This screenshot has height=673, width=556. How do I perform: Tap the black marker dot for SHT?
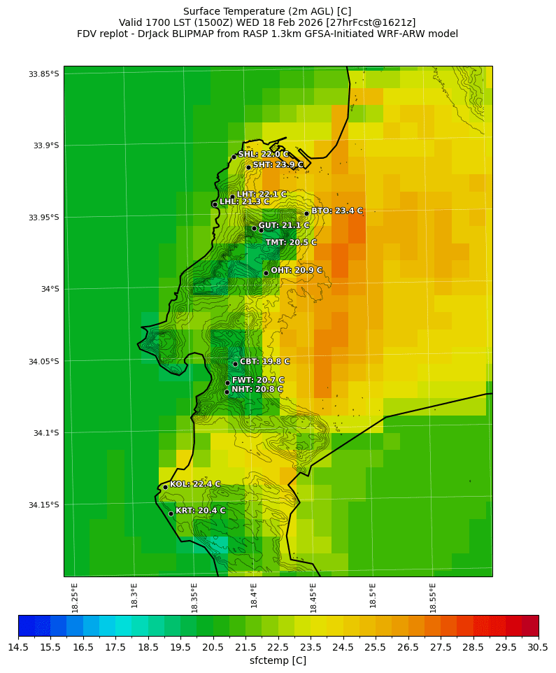(x=248, y=167)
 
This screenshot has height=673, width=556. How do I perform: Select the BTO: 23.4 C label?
(x=337, y=211)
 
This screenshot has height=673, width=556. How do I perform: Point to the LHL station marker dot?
(x=215, y=204)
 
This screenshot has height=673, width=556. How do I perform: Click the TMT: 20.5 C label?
(x=291, y=242)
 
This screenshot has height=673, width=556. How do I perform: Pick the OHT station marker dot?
(x=266, y=273)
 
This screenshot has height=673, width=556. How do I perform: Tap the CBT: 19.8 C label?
(x=264, y=362)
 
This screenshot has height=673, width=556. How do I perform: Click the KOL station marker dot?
(x=165, y=487)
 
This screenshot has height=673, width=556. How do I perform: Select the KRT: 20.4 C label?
(x=200, y=511)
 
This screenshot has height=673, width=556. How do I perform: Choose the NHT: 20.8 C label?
(x=257, y=389)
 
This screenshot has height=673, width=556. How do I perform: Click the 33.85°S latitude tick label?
(x=43, y=73)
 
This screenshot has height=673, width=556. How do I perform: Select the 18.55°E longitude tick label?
(x=433, y=596)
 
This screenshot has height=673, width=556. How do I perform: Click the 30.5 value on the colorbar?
(x=538, y=648)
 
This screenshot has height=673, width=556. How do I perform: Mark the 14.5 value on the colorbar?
(x=18, y=648)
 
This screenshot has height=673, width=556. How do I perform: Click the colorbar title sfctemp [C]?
(x=278, y=660)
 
